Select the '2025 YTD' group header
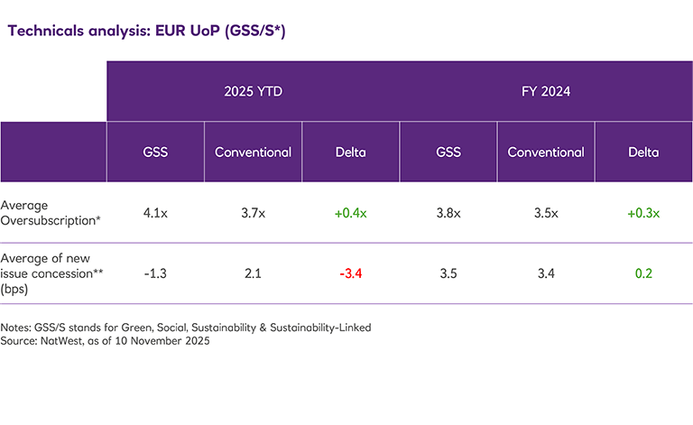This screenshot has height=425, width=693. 253,91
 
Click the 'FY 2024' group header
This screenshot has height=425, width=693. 545,91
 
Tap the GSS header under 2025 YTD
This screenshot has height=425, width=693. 155,152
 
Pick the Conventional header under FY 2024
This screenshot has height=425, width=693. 545,152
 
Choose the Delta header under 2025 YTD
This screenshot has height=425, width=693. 350,152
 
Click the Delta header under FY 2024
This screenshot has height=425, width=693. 643,152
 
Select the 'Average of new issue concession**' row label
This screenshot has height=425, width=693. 49,273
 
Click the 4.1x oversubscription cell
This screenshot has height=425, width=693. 155,213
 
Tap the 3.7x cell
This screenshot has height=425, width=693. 253,213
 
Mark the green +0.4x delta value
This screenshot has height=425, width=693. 350,213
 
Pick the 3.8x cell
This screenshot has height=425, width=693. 448,213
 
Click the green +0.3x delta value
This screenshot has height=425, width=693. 643,213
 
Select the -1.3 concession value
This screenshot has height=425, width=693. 155,273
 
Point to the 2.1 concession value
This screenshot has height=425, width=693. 253,273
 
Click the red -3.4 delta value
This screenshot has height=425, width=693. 350,273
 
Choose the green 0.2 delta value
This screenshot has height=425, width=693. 643,273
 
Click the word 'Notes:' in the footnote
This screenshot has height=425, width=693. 17,328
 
